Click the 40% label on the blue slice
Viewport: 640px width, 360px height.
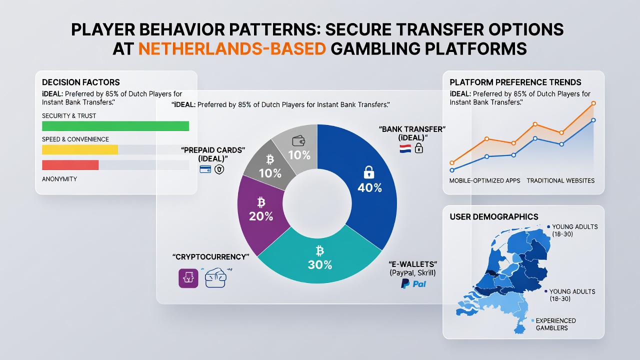[x=369, y=187]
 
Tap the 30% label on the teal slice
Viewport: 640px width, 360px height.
[x=320, y=265]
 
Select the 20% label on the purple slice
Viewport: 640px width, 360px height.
[x=261, y=216]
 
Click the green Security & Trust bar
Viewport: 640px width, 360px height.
[x=115, y=126]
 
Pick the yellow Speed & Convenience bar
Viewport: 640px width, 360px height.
[x=80, y=149]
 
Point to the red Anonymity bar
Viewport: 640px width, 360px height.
[x=70, y=165]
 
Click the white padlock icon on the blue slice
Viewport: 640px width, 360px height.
[x=369, y=172]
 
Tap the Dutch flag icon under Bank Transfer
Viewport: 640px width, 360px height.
[x=405, y=149]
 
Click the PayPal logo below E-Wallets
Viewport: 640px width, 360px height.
[x=413, y=284]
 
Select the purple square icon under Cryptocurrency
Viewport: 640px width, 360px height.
[x=188, y=278]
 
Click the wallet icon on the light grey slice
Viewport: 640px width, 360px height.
[x=298, y=141]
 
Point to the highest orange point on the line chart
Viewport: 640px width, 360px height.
[x=593, y=103]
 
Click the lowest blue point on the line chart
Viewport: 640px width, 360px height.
[x=452, y=170]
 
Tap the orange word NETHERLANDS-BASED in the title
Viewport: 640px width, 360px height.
[x=232, y=48]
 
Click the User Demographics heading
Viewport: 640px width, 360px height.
[x=494, y=217]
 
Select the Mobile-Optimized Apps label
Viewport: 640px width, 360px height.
[x=484, y=180]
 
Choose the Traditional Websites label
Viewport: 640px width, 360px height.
[x=560, y=180]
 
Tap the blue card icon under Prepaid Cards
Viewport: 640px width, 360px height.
[x=205, y=169]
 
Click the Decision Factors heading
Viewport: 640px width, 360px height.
[x=81, y=82]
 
